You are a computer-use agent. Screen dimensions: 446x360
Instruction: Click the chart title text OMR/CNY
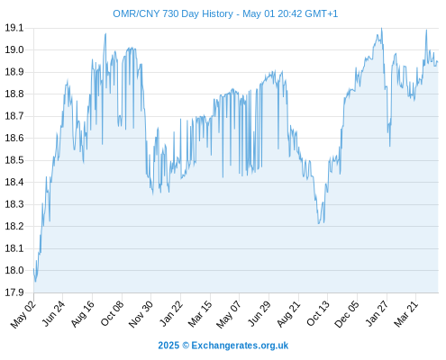point(136,13)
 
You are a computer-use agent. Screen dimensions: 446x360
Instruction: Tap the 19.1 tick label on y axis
point(14,28)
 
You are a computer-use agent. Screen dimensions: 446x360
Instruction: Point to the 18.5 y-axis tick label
point(14,160)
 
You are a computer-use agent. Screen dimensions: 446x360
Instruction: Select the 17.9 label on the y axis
point(14,292)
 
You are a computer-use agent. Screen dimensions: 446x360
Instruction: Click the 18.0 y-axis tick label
point(14,270)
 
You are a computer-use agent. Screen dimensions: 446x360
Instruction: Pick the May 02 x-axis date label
point(23,314)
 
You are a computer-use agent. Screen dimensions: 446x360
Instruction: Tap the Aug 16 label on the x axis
point(83,313)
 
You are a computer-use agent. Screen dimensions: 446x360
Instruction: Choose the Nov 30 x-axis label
point(141,314)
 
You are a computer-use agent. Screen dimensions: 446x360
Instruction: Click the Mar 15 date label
point(200,314)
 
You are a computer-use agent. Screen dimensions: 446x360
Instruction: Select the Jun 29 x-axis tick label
point(259,313)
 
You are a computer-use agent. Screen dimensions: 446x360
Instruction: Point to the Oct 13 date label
point(318,313)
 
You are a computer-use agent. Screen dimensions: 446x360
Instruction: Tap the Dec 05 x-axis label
point(347,314)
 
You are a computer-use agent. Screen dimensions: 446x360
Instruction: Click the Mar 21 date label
point(406,314)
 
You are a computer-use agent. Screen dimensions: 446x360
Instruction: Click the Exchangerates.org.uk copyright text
point(240,346)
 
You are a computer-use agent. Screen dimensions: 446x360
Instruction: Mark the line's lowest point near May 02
point(35,282)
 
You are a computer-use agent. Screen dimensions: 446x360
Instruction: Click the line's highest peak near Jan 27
point(381,28)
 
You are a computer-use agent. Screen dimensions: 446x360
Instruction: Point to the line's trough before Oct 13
point(319,223)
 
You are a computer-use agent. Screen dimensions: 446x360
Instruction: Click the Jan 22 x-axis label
point(171,314)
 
